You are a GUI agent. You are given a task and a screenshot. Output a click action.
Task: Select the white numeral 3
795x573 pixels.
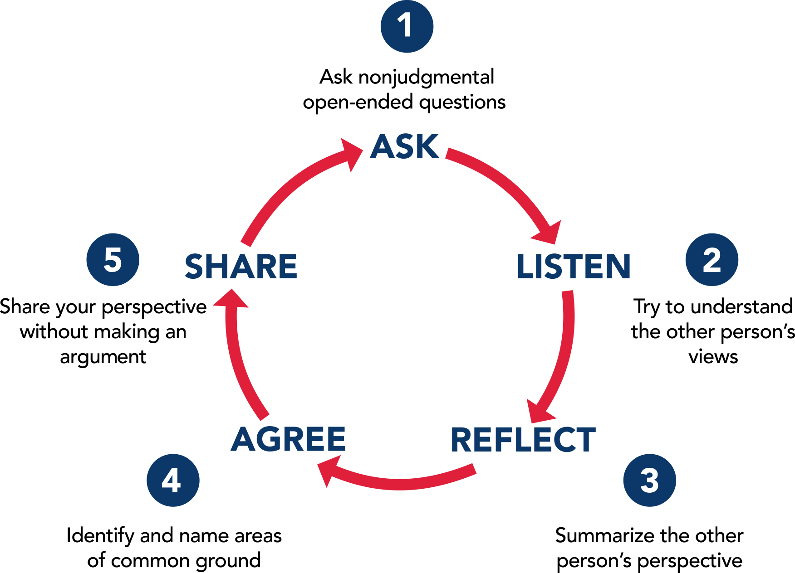(649, 481)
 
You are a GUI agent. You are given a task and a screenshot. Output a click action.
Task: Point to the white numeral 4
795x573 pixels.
(171, 481)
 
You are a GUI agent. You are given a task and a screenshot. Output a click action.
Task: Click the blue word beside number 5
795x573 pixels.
(243, 267)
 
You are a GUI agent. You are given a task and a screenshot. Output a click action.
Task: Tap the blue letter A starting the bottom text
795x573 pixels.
(240, 444)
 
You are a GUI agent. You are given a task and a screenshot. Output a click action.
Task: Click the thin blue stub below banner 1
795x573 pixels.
(494, 78)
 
